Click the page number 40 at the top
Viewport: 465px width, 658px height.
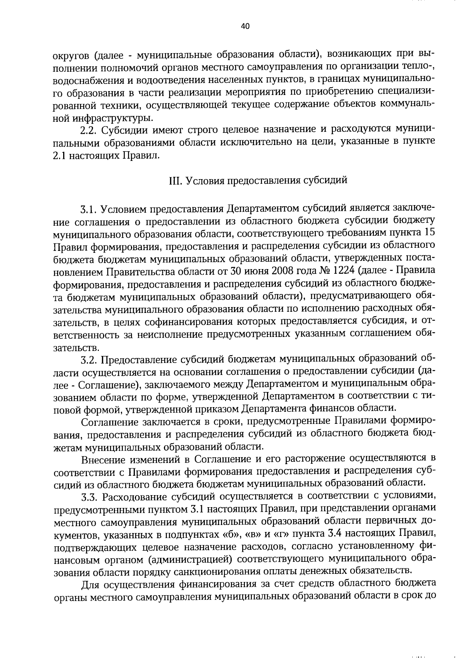tap(245, 26)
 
